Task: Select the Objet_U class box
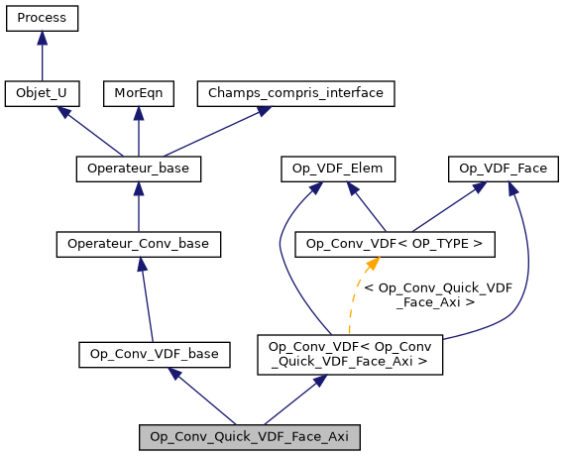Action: (42, 93)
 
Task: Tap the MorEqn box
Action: (138, 93)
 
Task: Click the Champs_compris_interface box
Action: (296, 93)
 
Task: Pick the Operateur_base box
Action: (138, 169)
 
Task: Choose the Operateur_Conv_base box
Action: (138, 243)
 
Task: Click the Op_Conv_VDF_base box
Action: (154, 353)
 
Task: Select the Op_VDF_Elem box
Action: (338, 169)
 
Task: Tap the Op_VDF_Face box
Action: (504, 169)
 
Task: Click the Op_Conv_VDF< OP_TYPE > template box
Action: (395, 243)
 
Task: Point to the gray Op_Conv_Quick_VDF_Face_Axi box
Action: (249, 436)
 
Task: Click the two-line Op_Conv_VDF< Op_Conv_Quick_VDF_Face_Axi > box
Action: (348, 354)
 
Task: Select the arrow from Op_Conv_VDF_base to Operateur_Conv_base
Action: (146, 297)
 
